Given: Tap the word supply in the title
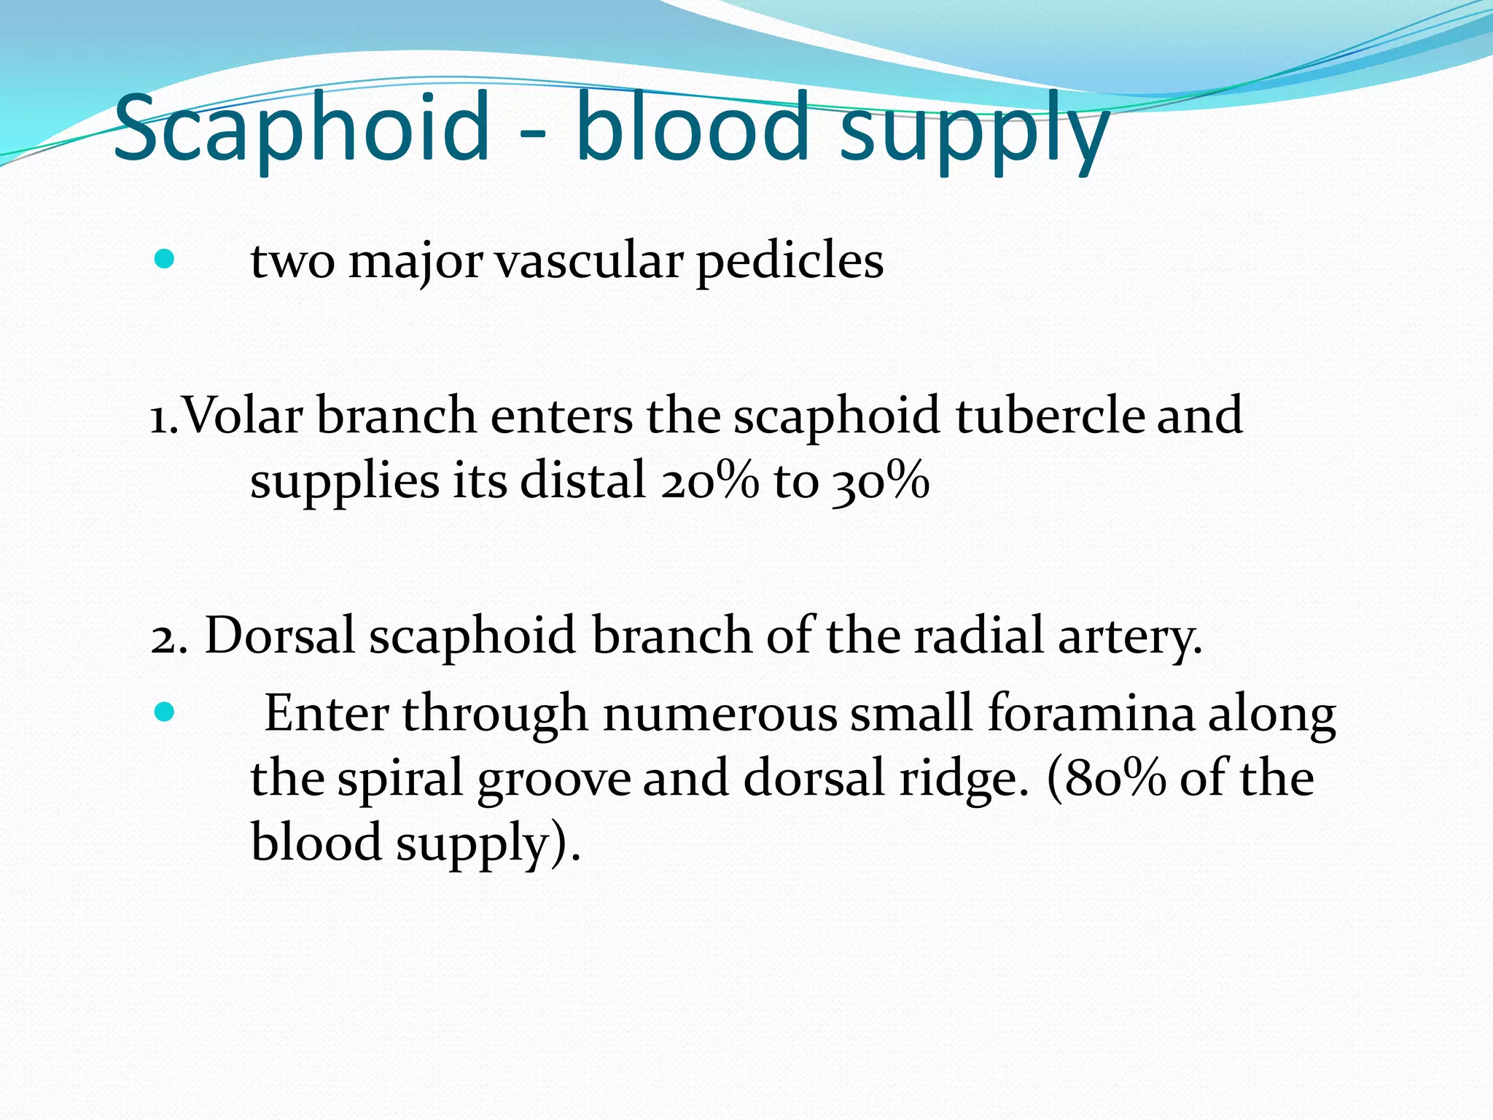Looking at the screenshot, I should pos(975,131).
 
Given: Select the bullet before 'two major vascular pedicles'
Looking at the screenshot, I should pos(165,259).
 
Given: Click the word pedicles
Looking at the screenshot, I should pos(790,261).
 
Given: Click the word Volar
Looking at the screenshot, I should pos(241,416).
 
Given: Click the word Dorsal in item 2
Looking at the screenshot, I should pos(279,636).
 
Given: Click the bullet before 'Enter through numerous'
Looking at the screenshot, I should pos(165,712).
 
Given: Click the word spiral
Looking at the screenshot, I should pos(400,779).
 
